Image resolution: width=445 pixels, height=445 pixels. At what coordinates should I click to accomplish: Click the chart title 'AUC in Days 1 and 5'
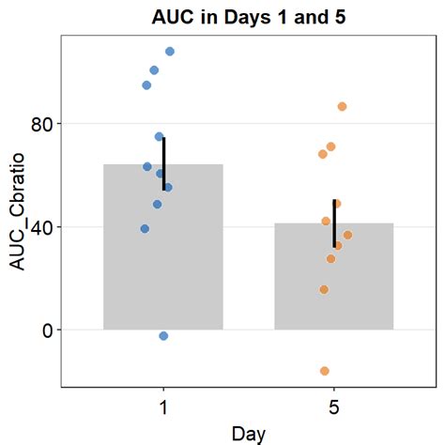coord(249,18)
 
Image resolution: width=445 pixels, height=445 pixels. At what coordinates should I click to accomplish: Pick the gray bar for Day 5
coord(333,282)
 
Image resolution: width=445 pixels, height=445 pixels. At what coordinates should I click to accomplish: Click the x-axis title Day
coord(249,433)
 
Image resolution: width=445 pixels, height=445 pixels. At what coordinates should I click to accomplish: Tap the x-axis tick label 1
coord(163,407)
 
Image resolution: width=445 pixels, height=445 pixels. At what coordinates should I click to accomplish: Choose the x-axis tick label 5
coord(334,407)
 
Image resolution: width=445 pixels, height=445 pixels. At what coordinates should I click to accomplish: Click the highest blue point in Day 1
coord(170,52)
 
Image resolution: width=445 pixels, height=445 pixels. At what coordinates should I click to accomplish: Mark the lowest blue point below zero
coord(163,336)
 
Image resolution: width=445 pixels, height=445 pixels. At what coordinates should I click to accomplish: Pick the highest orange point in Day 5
coord(342,107)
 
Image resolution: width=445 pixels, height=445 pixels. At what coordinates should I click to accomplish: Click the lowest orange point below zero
coord(325,371)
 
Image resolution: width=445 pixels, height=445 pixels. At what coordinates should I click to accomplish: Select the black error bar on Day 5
coord(334,222)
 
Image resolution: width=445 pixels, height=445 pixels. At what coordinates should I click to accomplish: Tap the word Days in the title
coord(250,18)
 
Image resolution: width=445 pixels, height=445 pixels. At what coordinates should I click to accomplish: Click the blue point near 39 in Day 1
coord(145,229)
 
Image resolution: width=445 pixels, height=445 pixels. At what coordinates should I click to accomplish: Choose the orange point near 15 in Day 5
coord(324,290)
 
